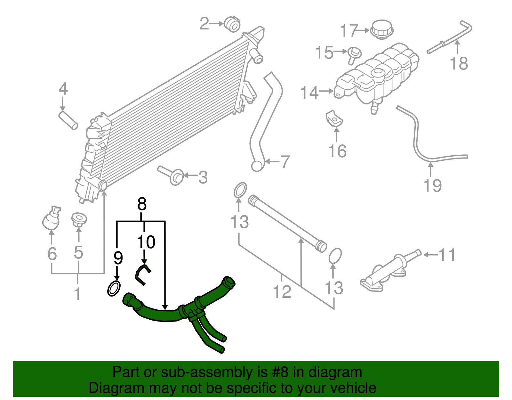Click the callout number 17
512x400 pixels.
[x=348, y=31]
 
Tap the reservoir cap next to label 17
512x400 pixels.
[x=381, y=29]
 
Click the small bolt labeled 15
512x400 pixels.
[x=354, y=54]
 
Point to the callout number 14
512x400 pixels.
[x=309, y=93]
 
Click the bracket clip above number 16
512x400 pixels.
[x=334, y=118]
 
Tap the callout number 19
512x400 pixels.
[x=433, y=186]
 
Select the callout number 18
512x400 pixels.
[x=459, y=63]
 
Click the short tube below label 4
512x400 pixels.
[x=68, y=120]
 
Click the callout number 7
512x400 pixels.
[x=285, y=162]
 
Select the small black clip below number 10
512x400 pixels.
[x=141, y=274]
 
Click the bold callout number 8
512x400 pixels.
[x=142, y=204]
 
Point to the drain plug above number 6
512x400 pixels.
[x=51, y=219]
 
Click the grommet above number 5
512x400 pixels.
[x=79, y=219]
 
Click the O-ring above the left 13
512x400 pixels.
[x=240, y=190]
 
